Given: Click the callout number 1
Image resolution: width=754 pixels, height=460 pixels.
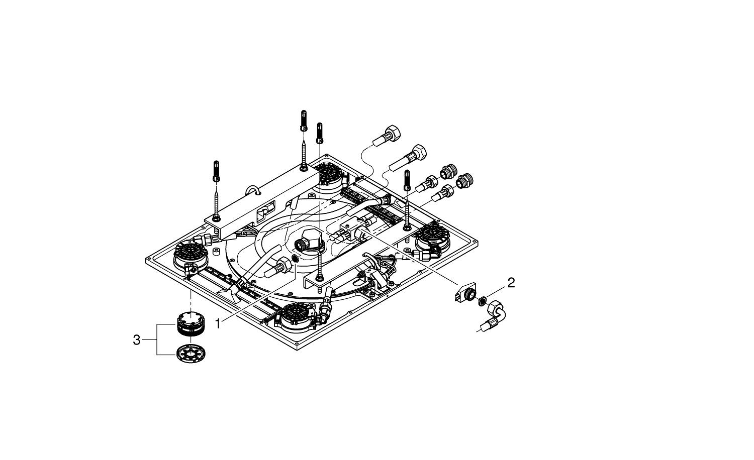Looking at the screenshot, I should [x=218, y=324].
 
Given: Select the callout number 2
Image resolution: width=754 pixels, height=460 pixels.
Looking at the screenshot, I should [x=511, y=282].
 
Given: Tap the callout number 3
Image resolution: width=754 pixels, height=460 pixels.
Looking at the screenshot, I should [x=136, y=340].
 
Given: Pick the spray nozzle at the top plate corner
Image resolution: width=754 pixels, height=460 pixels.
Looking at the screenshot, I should [x=330, y=176].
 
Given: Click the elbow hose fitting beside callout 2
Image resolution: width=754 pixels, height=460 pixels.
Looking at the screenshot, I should [x=495, y=314].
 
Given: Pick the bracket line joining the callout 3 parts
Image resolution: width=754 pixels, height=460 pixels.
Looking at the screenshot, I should [x=157, y=340].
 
